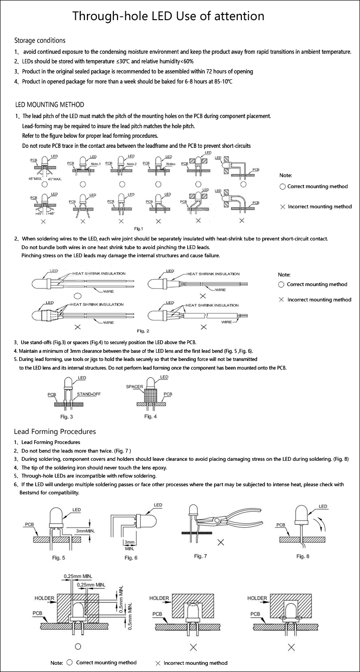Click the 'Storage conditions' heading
pyautogui.click(x=40, y=40)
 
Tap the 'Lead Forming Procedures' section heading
pyautogui.click(x=55, y=432)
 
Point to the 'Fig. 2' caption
pyautogui.click(x=143, y=331)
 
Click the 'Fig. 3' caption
pyautogui.click(x=66, y=416)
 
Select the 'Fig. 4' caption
pyautogui.click(x=151, y=416)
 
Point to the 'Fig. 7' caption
pyautogui.click(x=201, y=556)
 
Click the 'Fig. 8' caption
pyautogui.click(x=303, y=556)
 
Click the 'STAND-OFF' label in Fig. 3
pyautogui.click(x=88, y=394)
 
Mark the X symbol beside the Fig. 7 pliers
pyautogui.click(x=221, y=542)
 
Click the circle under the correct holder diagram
pyautogui.click(x=78, y=647)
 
